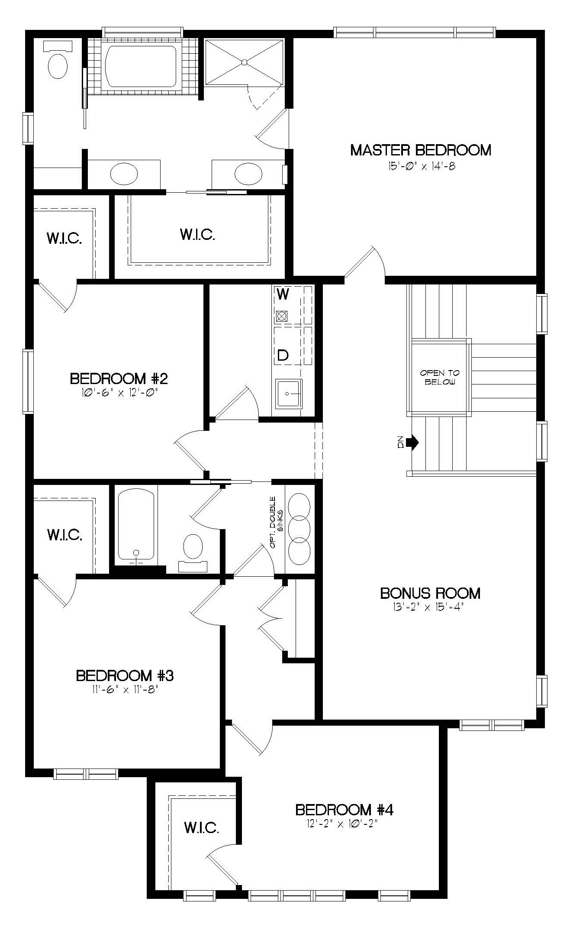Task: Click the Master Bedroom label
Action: click(420, 150)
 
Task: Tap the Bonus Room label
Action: click(430, 593)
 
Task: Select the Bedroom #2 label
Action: click(119, 379)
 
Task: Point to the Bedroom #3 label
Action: click(125, 675)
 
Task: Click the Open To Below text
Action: click(440, 378)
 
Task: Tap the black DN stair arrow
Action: click(414, 442)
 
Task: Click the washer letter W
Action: click(283, 294)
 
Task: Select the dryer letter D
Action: click(283, 355)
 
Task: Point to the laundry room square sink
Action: click(289, 394)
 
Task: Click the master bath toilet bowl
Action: click(58, 65)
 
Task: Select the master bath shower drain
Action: click(245, 62)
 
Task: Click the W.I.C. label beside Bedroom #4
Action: click(201, 828)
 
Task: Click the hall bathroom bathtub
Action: click(136, 526)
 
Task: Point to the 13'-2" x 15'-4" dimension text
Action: click(430, 607)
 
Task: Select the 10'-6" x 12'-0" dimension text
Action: click(119, 392)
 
